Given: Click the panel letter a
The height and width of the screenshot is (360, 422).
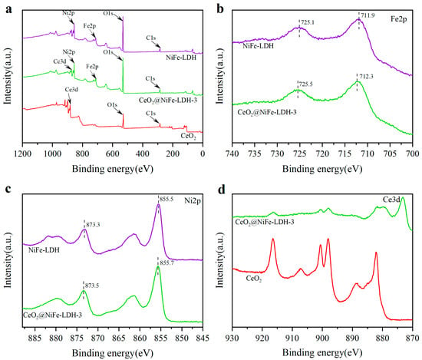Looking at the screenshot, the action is coord(9,10).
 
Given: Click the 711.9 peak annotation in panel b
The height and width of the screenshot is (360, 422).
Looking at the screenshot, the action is coord(368,15).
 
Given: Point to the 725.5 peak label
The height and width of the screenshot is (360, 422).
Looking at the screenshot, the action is coord(305,84).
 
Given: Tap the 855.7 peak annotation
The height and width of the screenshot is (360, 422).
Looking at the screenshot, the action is coord(166,263).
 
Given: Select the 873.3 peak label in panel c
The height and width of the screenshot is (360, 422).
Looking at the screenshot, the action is coord(93,225).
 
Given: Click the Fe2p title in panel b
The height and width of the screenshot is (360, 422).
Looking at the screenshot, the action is coord(399,19).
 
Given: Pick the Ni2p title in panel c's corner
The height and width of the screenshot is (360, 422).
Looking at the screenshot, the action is coord(193,200).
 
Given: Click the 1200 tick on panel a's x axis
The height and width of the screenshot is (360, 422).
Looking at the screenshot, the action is coord(22,154).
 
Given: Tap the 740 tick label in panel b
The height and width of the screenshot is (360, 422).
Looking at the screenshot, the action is coord(232,154).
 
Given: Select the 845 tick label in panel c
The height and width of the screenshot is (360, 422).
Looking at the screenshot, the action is coord(203,338).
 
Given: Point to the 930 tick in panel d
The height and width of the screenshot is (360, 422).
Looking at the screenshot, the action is coord(232,338).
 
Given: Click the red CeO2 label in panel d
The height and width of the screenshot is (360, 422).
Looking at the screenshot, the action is coord(253,279).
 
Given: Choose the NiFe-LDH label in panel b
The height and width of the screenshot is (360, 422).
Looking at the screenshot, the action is coord(258,46).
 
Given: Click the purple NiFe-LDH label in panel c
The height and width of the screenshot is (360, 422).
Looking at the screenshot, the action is coord(44,250).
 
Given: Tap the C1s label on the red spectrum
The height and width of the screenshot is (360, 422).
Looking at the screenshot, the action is coord(150,113).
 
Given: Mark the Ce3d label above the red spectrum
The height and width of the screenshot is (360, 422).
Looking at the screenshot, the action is coord(71,90).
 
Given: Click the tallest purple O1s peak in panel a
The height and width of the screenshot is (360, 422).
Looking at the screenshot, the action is coord(123,17).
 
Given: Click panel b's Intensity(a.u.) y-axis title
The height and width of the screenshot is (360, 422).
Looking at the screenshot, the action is coord(220,76).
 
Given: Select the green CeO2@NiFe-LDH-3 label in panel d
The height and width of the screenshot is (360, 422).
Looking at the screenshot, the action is coord(265,223).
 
